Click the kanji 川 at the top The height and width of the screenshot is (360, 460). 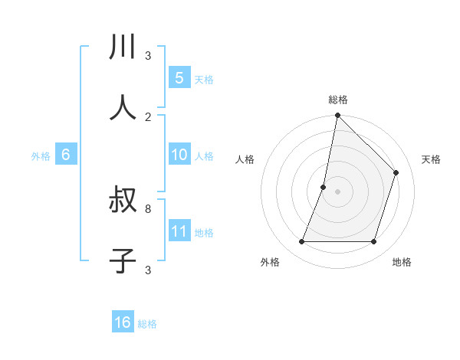pos(123,47)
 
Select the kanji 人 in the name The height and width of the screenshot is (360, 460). pos(123,108)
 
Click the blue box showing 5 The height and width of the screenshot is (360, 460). pos(179,77)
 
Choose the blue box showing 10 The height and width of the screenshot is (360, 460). pos(179,155)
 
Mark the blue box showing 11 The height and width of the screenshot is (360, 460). pos(179,231)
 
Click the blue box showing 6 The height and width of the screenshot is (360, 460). pos(66,155)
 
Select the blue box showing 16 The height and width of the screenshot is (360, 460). pos(123,322)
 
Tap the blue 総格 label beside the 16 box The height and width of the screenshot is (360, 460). pos(147,324)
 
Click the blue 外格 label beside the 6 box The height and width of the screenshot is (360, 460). pos(41,156)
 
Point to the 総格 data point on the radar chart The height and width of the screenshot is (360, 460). pos(337,116)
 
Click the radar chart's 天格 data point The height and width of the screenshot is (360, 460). pos(396,172)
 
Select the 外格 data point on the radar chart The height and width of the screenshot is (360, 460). pos(301,242)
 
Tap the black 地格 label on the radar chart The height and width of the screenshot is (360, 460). pos(402,262)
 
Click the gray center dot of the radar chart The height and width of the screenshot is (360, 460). pos(337,191)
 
